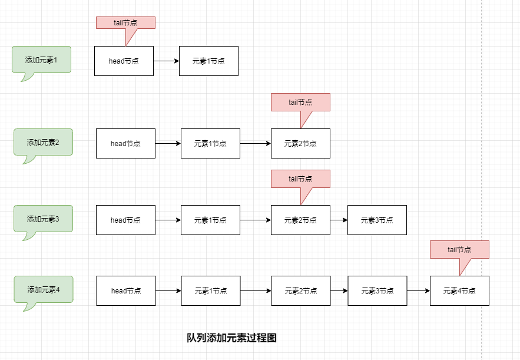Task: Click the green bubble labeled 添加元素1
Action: [x=41, y=60]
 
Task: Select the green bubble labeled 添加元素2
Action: [x=43, y=142]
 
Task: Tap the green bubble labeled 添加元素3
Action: [x=43, y=219]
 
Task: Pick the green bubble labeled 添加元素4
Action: [x=44, y=289]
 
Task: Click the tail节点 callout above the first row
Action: [x=125, y=22]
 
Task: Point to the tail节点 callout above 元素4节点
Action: [x=459, y=249]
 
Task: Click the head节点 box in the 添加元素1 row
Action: [x=124, y=61]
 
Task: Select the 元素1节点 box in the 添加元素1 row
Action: [x=208, y=61]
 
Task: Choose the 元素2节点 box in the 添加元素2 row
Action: [x=300, y=143]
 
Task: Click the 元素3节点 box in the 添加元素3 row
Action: [x=377, y=220]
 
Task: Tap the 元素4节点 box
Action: [x=459, y=290]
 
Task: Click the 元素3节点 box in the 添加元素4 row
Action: [x=377, y=290]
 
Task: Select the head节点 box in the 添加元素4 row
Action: [x=126, y=290]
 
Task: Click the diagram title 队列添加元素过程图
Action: [x=231, y=338]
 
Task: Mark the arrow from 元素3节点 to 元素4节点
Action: [x=418, y=290]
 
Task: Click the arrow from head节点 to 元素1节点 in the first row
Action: [x=166, y=61]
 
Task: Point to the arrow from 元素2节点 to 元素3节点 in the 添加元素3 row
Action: [x=339, y=220]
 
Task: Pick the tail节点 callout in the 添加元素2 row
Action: [x=300, y=102]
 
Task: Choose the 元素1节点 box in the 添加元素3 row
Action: [x=210, y=220]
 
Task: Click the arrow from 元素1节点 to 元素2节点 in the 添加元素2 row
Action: [x=256, y=143]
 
